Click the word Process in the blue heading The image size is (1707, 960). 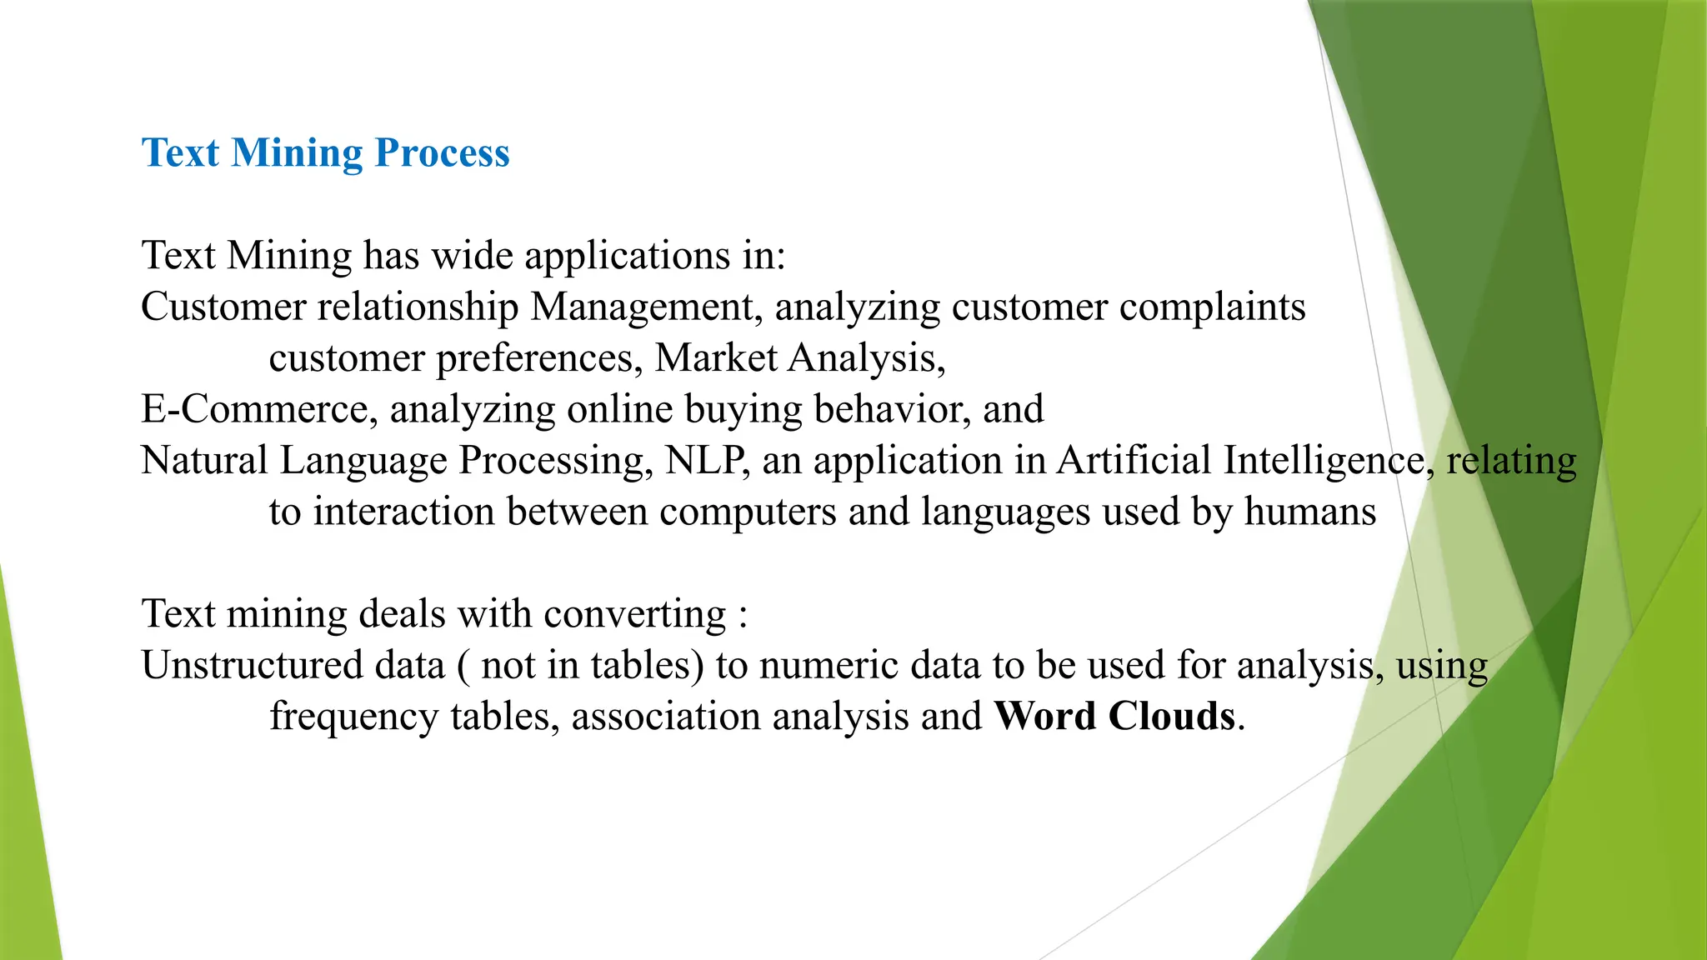(x=442, y=153)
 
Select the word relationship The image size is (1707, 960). (x=418, y=307)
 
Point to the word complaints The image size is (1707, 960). (x=1212, y=307)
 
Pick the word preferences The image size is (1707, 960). (x=538, y=358)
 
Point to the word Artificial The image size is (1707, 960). (x=1134, y=461)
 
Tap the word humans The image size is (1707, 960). (x=1309, y=512)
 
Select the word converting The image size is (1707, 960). (x=635, y=614)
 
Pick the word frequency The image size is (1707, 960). (x=353, y=717)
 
